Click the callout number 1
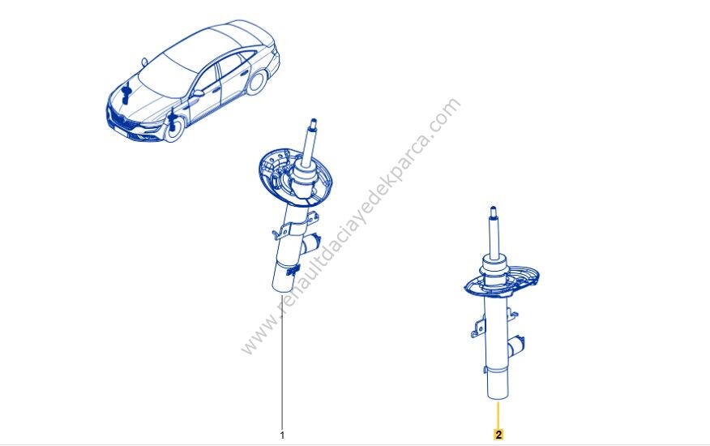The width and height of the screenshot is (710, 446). point(283,435)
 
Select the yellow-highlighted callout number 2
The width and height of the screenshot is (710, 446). point(498,435)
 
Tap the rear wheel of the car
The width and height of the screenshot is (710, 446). point(257,82)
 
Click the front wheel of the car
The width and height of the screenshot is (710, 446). point(174,128)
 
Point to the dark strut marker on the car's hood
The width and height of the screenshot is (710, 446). point(126,94)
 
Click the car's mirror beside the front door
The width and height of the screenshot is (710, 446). point(198,93)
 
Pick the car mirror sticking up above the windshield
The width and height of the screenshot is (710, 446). point(144,62)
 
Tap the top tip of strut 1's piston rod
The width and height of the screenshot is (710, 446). point(313,121)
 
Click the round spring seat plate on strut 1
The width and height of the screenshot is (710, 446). point(294,178)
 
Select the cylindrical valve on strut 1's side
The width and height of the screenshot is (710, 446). point(310,244)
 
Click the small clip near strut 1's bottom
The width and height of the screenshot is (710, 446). point(292,271)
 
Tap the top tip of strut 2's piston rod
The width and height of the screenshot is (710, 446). point(494,209)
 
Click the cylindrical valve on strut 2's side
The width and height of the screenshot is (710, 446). point(516,346)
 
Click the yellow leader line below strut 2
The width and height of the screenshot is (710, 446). point(498,414)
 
